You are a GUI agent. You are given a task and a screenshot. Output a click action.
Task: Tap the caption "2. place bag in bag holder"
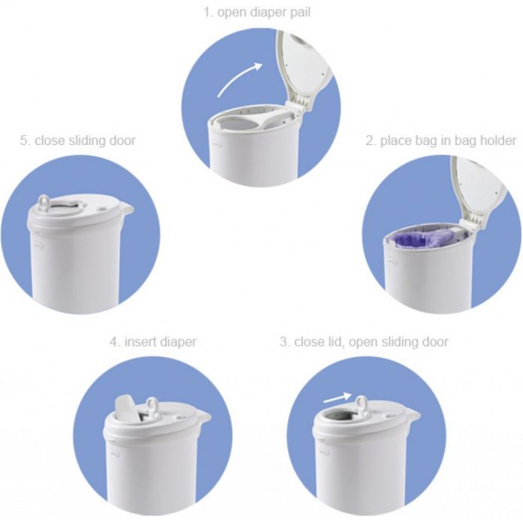coord(440,140)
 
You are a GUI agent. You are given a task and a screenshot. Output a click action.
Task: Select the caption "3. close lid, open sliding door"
coord(364,342)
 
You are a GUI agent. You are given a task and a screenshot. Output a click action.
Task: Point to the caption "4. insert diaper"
coord(153,342)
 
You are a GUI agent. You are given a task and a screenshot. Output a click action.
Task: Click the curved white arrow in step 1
coord(239,80)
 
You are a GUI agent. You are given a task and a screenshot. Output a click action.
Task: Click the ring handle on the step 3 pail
coord(363,407)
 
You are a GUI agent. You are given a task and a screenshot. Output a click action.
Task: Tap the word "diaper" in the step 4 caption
coord(177,342)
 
